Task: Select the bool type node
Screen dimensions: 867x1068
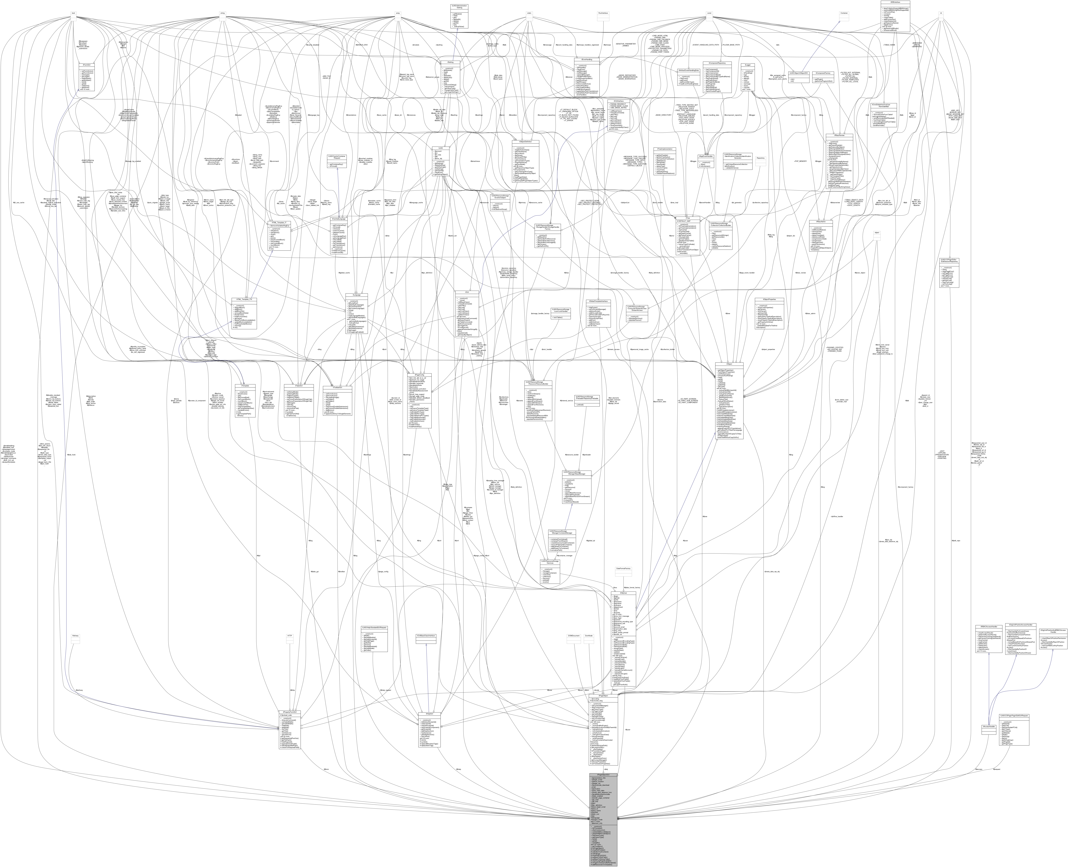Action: coord(73,13)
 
